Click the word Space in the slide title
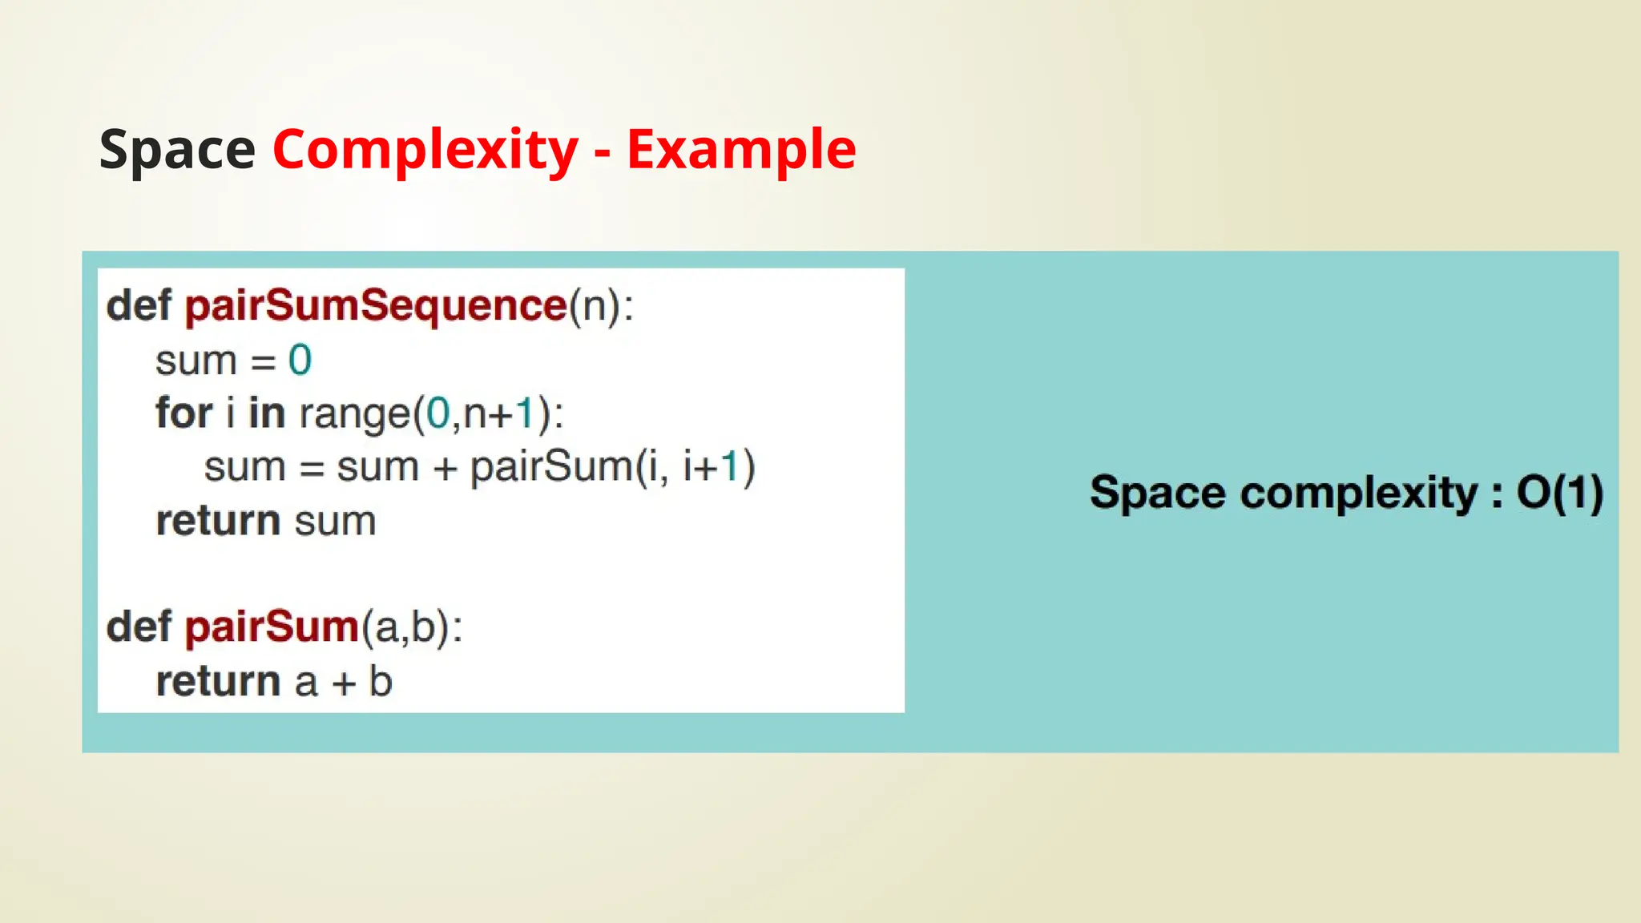point(177,150)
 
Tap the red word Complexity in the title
point(425,150)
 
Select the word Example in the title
point(741,150)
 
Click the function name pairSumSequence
point(376,306)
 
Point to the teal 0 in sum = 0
point(300,361)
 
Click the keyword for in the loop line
point(183,413)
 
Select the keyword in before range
point(266,413)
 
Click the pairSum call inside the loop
point(551,467)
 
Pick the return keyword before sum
point(218,521)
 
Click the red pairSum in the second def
point(272,627)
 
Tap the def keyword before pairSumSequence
point(139,306)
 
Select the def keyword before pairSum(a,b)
point(139,627)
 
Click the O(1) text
point(1559,492)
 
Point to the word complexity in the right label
point(1359,494)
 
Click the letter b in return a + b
point(381,682)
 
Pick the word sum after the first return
point(335,522)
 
